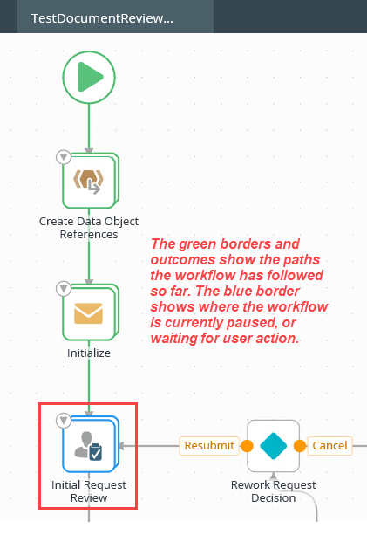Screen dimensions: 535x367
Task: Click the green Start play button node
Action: coord(88,78)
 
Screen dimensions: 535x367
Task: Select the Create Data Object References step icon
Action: coord(89,181)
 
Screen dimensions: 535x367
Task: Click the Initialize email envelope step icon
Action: coord(89,312)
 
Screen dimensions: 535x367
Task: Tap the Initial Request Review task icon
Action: coord(89,444)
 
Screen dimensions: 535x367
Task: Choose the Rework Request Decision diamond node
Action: coord(273,445)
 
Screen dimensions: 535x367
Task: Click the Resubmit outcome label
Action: coord(209,445)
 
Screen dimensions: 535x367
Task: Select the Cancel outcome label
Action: coord(330,445)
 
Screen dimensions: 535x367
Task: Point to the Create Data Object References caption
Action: coord(89,227)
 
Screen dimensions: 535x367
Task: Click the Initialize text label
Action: coord(89,353)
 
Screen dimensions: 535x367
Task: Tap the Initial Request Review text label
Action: coord(89,490)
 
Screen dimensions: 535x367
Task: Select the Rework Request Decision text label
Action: coord(273,490)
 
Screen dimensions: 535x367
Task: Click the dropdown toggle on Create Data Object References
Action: coord(63,157)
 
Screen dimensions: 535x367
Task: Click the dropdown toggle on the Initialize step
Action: coord(63,288)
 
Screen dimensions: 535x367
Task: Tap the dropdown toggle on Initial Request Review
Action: coord(63,421)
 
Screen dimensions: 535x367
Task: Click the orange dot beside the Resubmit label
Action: coord(248,445)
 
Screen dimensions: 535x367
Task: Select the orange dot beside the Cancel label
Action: coord(299,445)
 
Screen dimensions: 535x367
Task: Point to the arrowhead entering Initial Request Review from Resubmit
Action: coord(121,445)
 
